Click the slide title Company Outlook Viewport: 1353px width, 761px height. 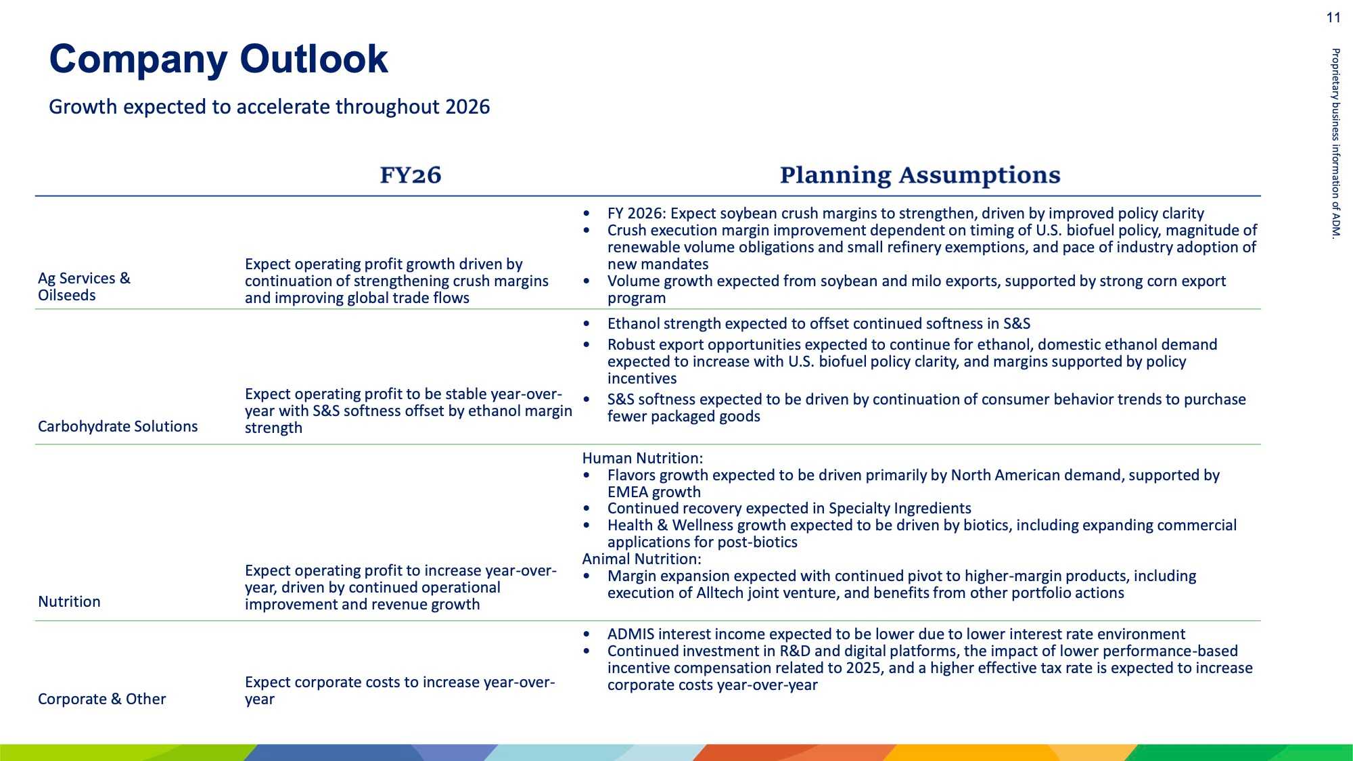tap(219, 60)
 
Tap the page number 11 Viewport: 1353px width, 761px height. tap(1333, 18)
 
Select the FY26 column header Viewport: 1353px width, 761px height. tap(411, 175)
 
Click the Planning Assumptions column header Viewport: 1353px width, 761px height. tap(920, 175)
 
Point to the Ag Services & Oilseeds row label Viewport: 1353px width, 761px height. tap(84, 287)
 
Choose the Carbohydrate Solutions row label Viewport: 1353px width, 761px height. tap(118, 427)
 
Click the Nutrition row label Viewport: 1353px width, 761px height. tap(69, 602)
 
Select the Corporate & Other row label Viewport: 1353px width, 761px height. tap(101, 699)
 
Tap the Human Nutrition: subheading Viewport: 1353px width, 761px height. tap(643, 459)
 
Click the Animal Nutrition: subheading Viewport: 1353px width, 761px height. tap(642, 559)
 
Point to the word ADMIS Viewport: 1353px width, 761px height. tap(630, 635)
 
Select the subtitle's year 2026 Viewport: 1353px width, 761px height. tap(467, 107)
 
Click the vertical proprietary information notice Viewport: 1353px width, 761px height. tap(1335, 143)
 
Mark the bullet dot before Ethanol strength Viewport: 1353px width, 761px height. tap(587, 325)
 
